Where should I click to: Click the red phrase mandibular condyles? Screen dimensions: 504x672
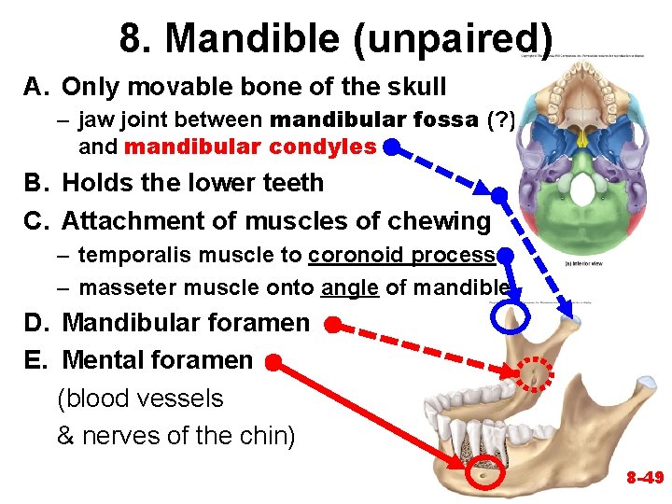(250, 147)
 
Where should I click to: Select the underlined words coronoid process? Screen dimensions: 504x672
(401, 255)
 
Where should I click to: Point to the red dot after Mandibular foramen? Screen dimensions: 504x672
(332, 325)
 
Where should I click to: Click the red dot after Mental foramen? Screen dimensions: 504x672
(273, 361)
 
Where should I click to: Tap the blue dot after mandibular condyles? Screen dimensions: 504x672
(392, 147)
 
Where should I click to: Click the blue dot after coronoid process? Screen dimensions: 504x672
(504, 255)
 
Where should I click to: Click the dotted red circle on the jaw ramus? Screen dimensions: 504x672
(535, 374)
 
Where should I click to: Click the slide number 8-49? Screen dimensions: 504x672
(644, 478)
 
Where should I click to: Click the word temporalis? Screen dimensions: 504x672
(132, 255)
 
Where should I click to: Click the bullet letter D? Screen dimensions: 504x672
(36, 324)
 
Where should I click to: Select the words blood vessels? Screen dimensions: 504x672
(141, 399)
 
